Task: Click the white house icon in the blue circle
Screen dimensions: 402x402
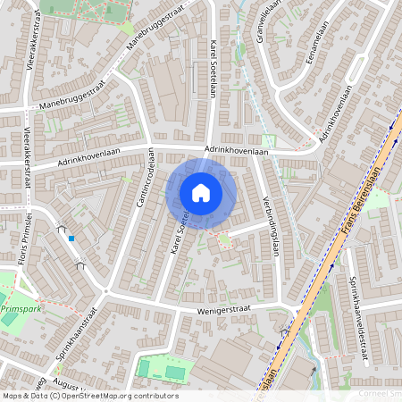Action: (201, 192)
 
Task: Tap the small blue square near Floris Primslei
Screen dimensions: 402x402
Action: (71, 238)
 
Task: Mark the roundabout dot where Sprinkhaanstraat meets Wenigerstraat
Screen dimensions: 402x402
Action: (106, 291)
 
